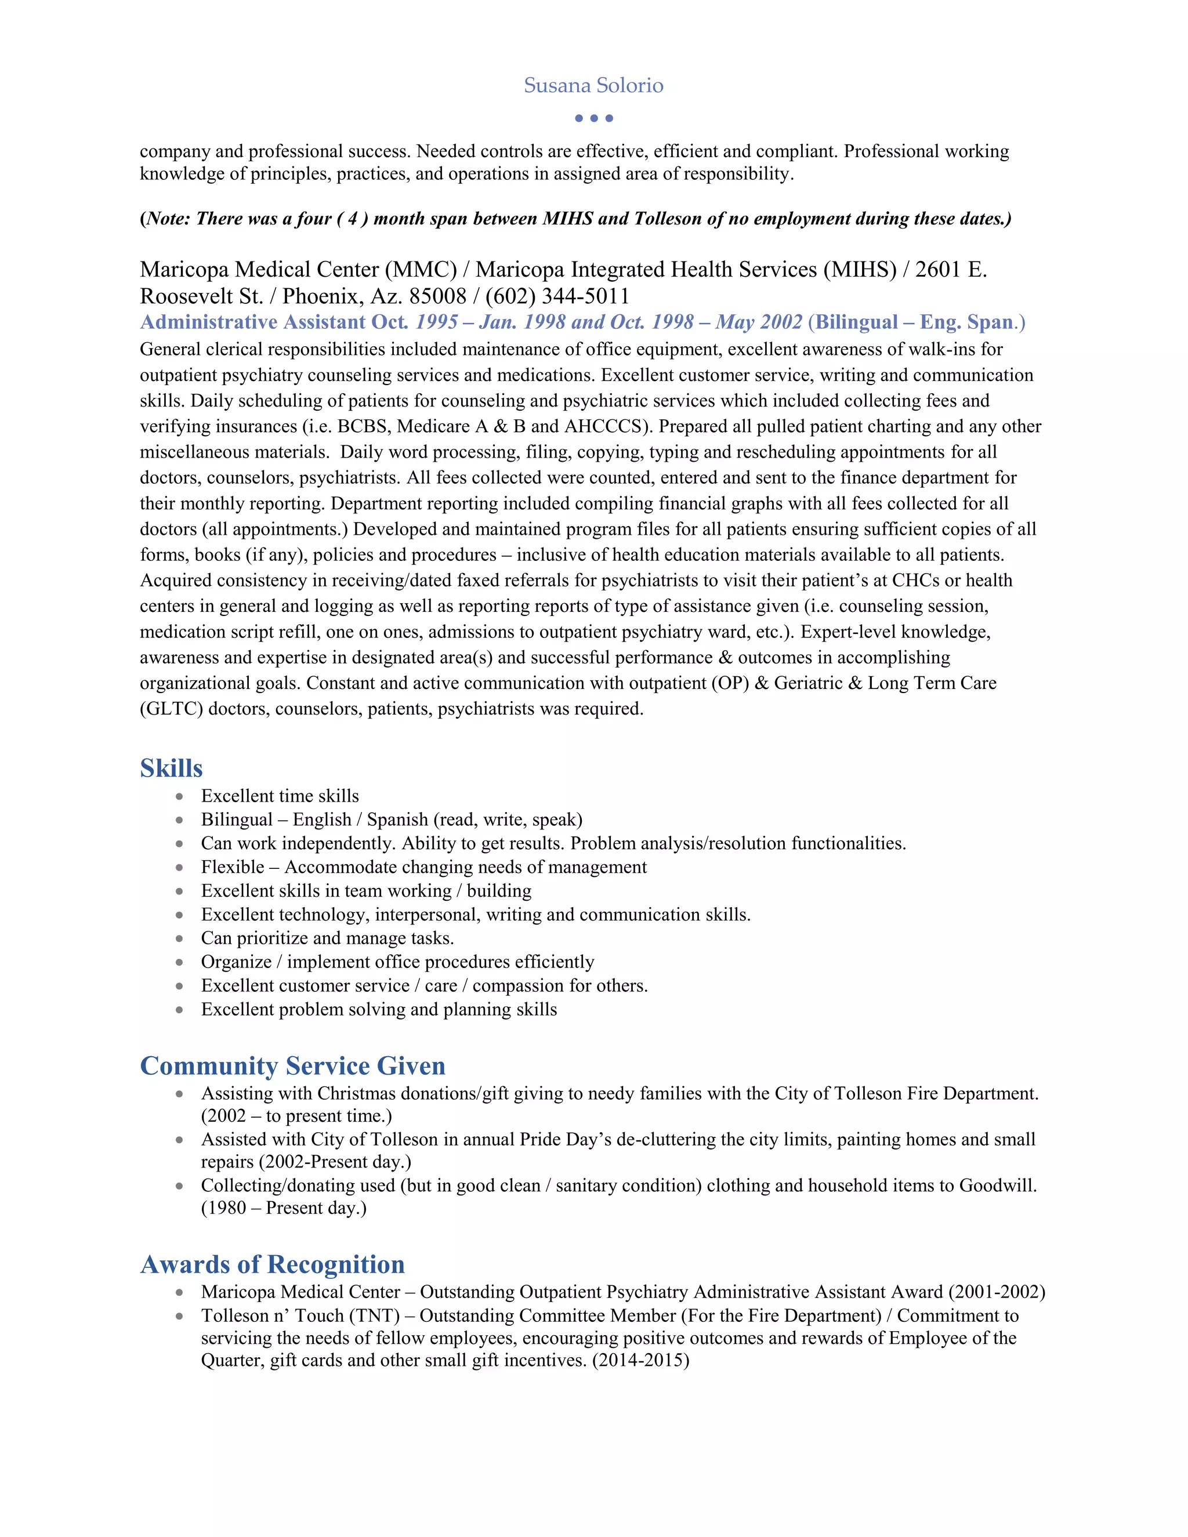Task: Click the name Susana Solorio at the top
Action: click(593, 86)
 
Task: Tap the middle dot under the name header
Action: click(594, 118)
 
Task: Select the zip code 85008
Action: click(438, 296)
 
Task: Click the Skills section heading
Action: click(171, 768)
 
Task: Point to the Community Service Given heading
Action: click(293, 1065)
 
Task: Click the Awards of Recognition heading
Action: click(273, 1264)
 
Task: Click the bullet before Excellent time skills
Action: click(179, 797)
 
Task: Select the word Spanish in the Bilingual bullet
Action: click(397, 820)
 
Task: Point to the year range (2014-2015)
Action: click(640, 1360)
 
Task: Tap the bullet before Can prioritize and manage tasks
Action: click(179, 939)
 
